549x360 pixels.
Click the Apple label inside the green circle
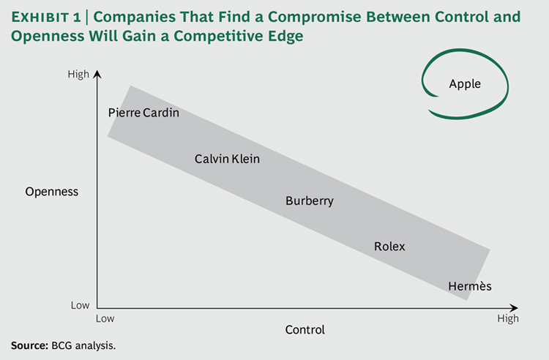465,84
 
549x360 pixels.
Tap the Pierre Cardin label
143,113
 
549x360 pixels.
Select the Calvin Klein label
227,158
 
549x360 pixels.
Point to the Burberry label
309,200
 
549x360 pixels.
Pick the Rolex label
389,247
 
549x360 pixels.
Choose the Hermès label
470,286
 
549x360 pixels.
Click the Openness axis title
51,192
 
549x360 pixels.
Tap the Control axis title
305,330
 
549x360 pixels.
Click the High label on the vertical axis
78,74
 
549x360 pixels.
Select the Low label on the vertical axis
80,305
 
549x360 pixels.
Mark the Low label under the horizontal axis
105,319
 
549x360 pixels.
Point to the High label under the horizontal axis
508,319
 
